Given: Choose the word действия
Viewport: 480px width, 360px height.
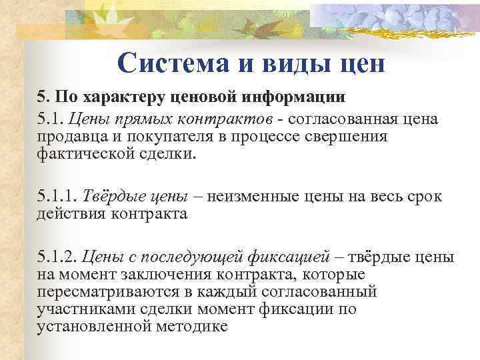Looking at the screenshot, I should point(67,213).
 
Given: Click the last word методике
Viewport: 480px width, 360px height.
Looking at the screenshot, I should point(197,326).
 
